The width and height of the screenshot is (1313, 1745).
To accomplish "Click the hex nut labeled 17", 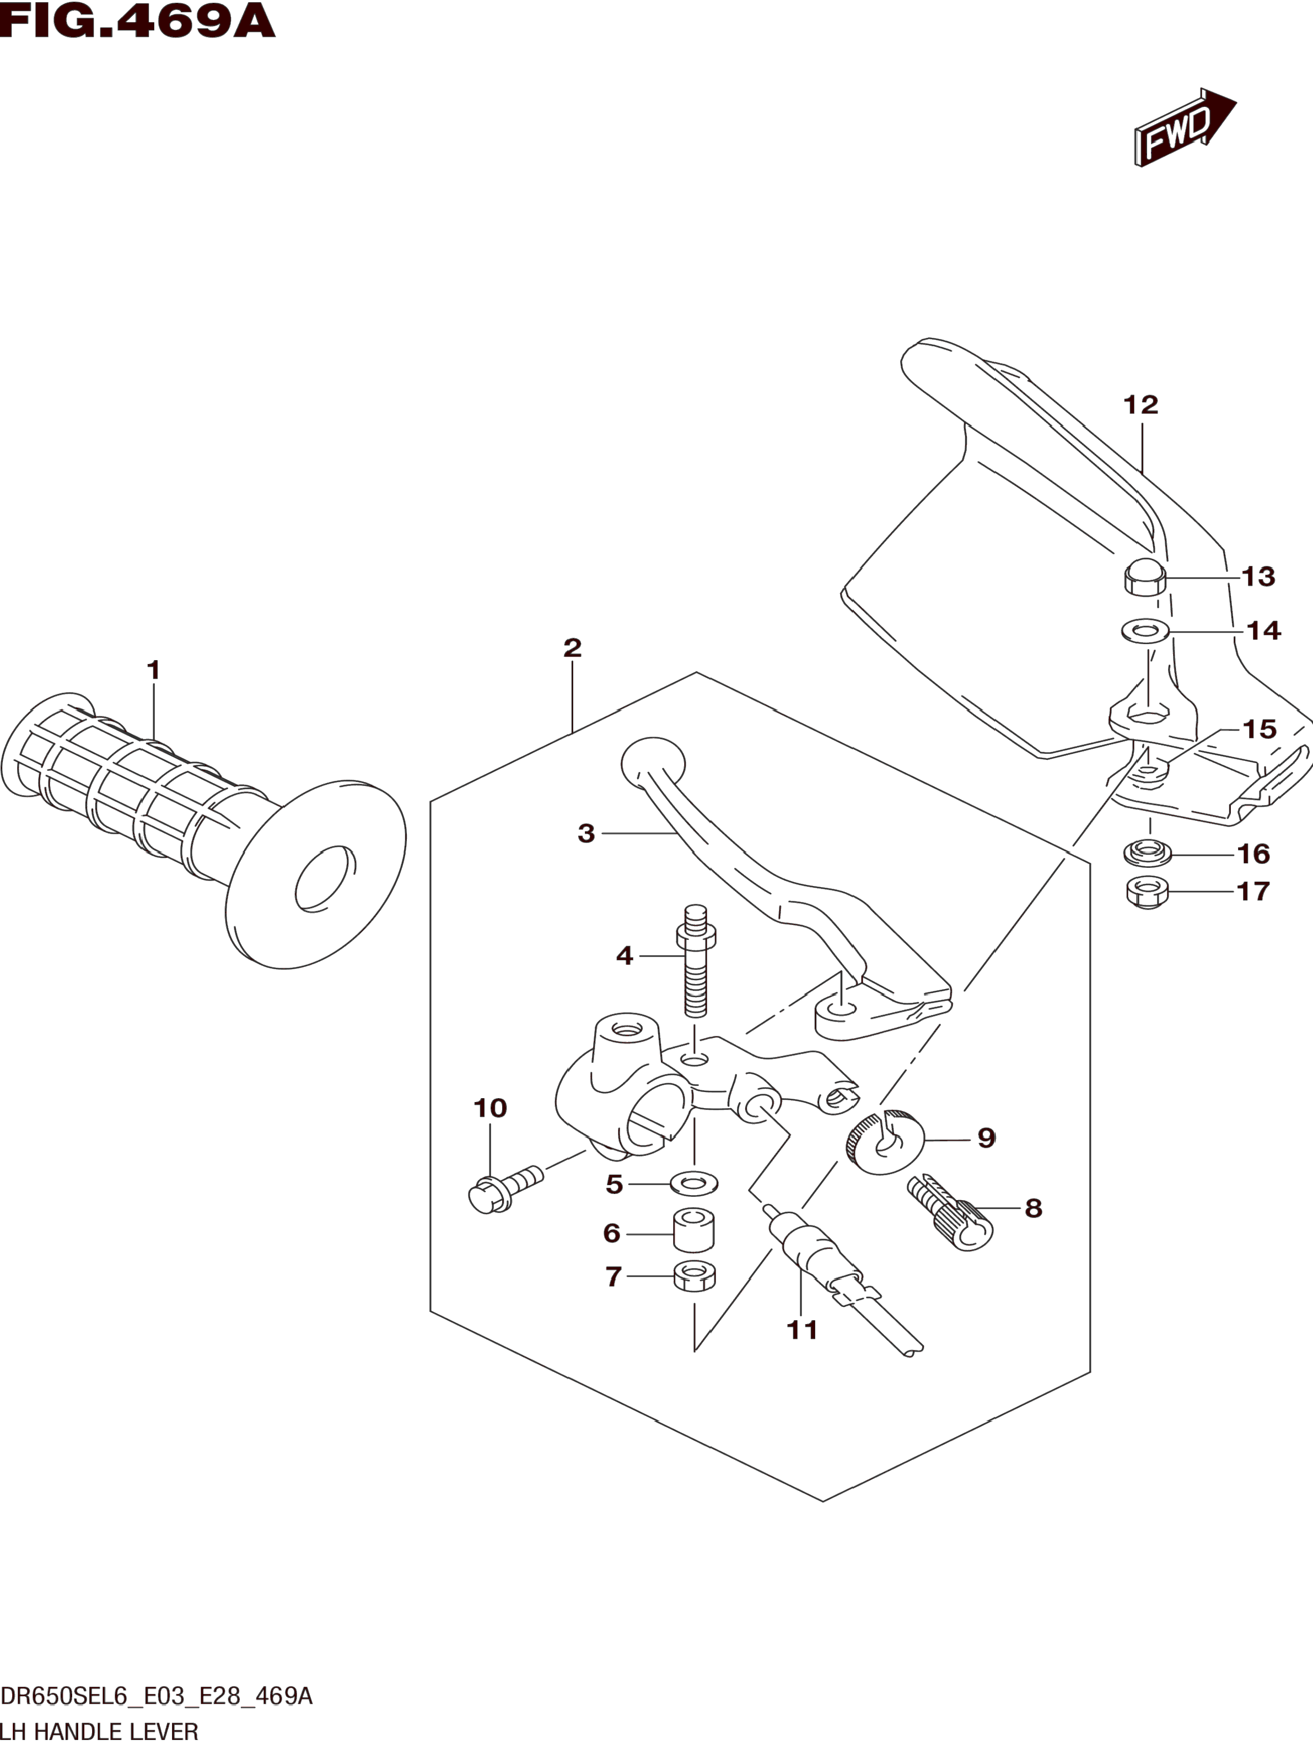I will (x=1147, y=892).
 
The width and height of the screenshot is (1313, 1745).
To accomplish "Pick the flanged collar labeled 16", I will (x=1147, y=852).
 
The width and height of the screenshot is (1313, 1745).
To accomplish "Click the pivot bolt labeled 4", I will (x=695, y=961).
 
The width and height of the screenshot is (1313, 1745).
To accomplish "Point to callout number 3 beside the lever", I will (x=585, y=833).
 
